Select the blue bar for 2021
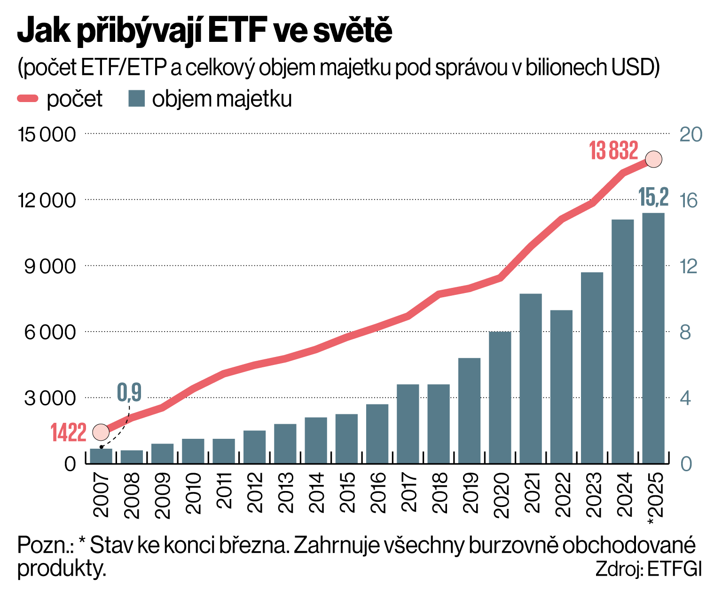pyautogui.click(x=531, y=379)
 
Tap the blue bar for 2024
pyautogui.click(x=623, y=341)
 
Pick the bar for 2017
pyautogui.click(x=408, y=424)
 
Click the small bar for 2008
pyautogui.click(x=132, y=457)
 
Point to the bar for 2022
pyautogui.click(x=561, y=387)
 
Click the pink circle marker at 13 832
pyautogui.click(x=653, y=159)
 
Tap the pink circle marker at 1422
pyautogui.click(x=101, y=431)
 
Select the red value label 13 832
pyautogui.click(x=613, y=151)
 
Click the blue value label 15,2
pyautogui.click(x=653, y=197)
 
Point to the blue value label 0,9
pyautogui.click(x=129, y=392)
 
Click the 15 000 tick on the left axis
pyautogui.click(x=47, y=135)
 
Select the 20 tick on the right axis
pyautogui.click(x=691, y=135)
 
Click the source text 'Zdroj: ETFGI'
pyautogui.click(x=648, y=569)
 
